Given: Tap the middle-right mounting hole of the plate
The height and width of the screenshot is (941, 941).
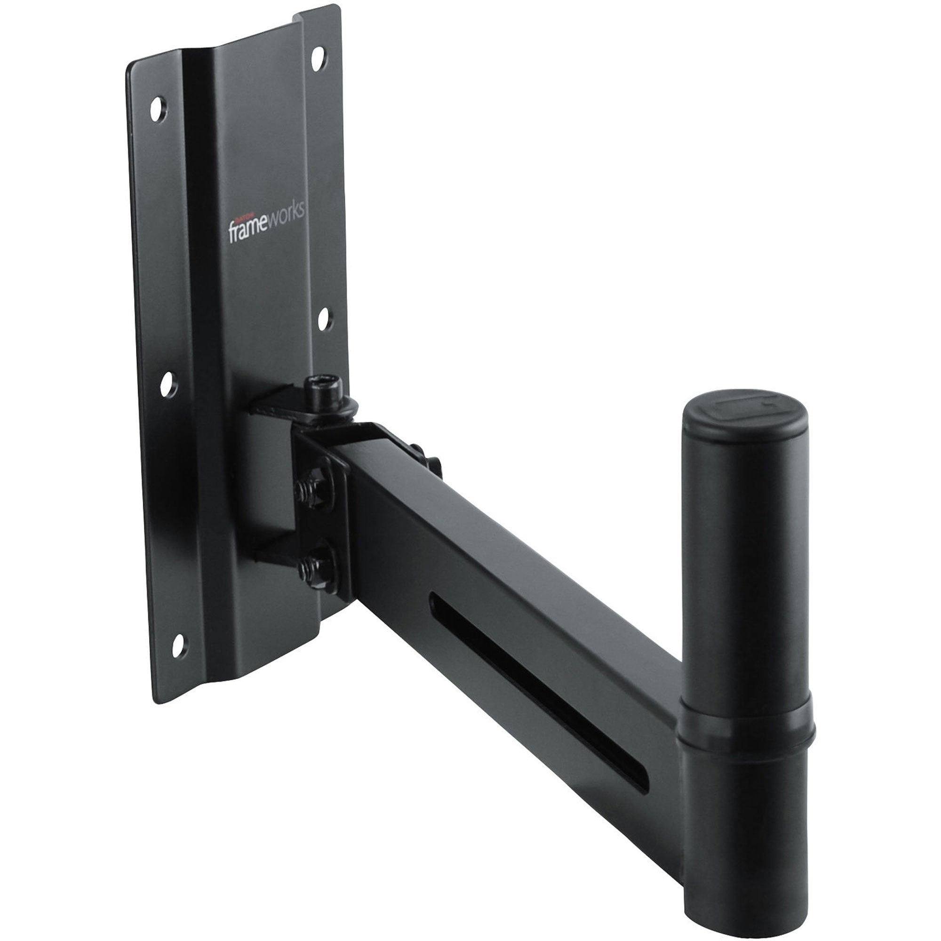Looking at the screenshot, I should (x=325, y=320).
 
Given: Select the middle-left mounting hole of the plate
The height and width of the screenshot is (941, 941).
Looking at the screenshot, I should (x=167, y=384).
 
